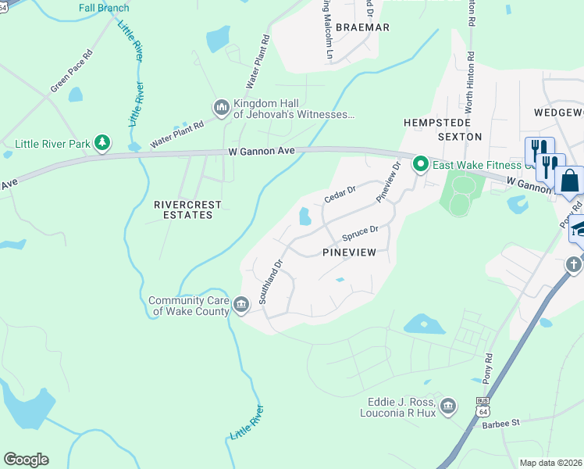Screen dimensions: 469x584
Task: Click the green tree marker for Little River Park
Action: [x=101, y=142]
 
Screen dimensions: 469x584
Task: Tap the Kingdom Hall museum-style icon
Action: [x=221, y=106]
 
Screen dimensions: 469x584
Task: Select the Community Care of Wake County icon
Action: [x=241, y=304]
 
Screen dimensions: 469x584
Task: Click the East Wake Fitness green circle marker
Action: [x=420, y=163]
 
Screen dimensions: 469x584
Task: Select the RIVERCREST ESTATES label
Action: [x=187, y=209]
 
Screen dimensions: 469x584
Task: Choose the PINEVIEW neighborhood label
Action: [x=349, y=252]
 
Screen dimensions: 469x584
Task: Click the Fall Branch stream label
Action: [x=103, y=9]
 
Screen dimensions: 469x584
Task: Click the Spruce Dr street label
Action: [x=360, y=233]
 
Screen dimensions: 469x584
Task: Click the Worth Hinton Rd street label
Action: [x=470, y=23]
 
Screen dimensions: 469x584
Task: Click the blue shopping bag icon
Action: [x=570, y=180]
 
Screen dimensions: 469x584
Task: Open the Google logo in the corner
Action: [x=26, y=459]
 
